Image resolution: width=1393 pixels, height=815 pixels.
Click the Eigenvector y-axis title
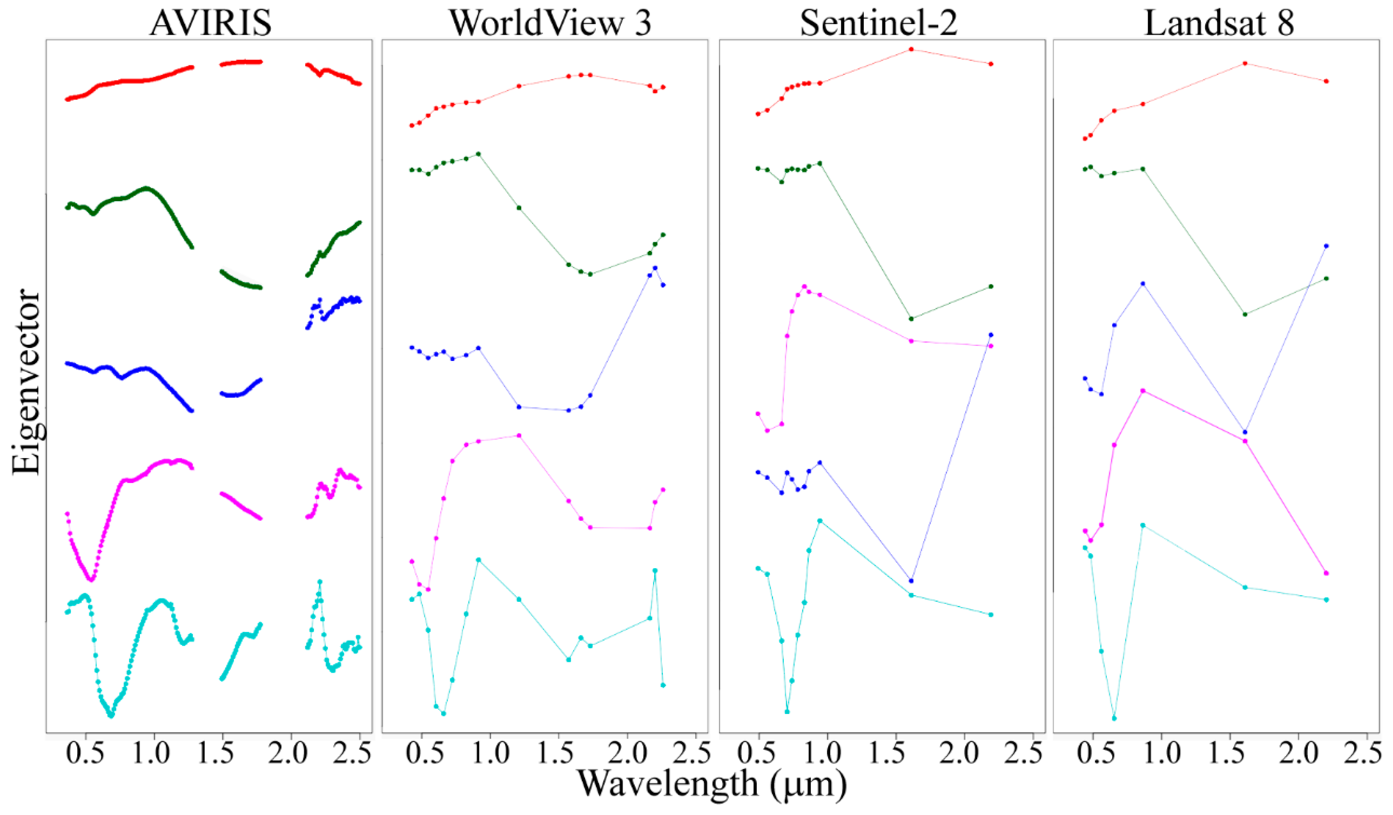26,381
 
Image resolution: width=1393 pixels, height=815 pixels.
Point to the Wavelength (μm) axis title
712,784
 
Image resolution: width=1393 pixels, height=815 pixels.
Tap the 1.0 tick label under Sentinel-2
827,753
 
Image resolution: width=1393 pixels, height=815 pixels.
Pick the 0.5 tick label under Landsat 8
1092,753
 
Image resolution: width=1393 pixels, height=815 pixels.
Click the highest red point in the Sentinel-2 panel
911,49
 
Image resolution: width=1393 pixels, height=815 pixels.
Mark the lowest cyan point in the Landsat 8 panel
1114,718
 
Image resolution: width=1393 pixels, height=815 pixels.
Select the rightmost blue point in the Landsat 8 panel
1326,246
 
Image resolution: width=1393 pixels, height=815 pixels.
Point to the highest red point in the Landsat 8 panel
1245,63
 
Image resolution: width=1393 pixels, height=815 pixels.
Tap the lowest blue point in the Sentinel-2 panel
911,581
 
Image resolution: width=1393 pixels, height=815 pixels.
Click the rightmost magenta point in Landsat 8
1326,573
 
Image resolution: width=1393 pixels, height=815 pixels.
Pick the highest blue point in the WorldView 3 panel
655,268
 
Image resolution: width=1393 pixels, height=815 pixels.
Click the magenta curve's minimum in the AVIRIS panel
91,580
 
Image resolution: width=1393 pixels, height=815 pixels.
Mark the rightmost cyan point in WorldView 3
663,685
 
